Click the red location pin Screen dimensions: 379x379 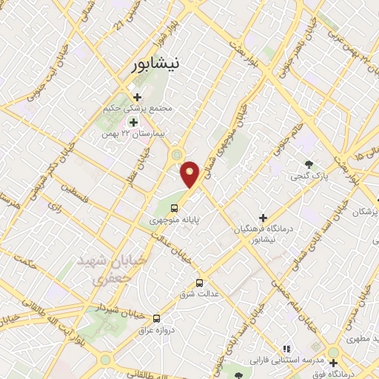click(191, 174)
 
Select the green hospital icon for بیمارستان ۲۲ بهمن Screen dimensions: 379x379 click(134, 123)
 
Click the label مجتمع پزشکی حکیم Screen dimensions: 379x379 click(138, 109)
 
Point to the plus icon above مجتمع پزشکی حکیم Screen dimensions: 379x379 click(135, 96)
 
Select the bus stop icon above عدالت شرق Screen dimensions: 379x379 click(199, 283)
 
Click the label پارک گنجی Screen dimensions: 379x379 click(306, 176)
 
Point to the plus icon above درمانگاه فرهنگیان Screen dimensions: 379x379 click(263, 217)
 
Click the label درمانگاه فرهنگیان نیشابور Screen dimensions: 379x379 click(263, 235)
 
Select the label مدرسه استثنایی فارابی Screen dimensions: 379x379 click(283, 360)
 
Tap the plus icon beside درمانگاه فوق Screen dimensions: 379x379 click(334, 363)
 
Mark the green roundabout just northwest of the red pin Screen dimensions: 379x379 click(177, 154)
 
